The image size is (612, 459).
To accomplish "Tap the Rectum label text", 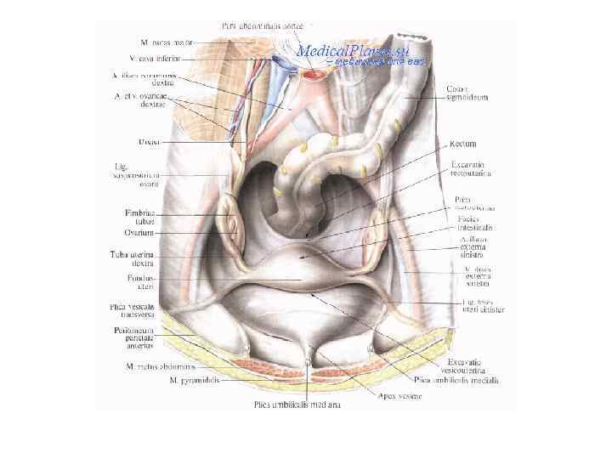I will coord(462,144).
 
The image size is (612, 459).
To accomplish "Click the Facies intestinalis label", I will coord(474,224).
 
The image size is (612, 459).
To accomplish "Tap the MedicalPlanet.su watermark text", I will coord(353,50).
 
